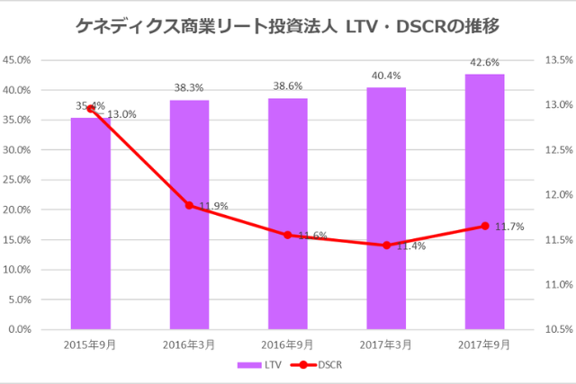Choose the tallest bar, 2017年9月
pos(484,201)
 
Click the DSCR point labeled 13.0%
pos(91,108)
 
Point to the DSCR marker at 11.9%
pos(189,205)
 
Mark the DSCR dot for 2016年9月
pos(288,235)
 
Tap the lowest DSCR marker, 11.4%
pos(386,245)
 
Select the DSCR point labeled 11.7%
pos(484,226)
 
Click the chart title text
pos(287,28)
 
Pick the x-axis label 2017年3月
pos(386,343)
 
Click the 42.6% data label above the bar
pos(484,62)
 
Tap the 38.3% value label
pos(189,88)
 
